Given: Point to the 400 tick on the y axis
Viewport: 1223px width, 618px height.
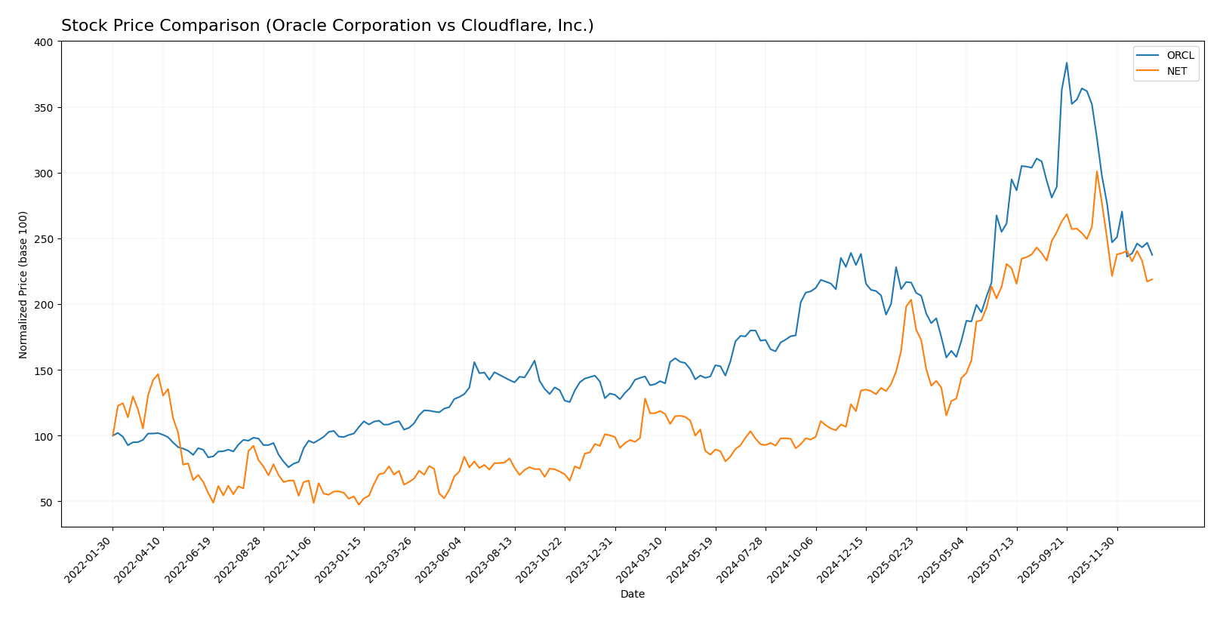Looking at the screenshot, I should (x=45, y=42).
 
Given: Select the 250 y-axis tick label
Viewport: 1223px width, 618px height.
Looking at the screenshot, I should (x=45, y=239).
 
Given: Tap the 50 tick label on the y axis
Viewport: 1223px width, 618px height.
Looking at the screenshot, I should (x=48, y=503).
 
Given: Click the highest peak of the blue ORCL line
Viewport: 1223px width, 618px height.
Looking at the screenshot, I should (x=1067, y=63).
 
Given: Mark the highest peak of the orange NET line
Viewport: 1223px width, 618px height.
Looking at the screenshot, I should (x=1097, y=171).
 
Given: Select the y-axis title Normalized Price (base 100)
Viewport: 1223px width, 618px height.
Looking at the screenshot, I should (x=23, y=284).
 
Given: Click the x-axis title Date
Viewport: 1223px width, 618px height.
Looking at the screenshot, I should (x=633, y=595).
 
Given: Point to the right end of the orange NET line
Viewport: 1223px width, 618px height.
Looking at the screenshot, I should (x=1152, y=279).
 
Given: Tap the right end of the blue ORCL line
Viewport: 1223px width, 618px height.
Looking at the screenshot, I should (x=1152, y=255).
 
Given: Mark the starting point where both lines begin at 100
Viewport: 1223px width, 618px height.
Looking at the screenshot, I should (x=113, y=435).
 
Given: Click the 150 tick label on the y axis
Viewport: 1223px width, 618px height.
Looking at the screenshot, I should (x=45, y=370).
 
